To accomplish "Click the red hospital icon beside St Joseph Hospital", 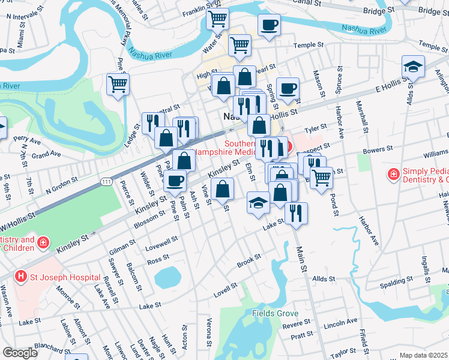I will click(21, 277).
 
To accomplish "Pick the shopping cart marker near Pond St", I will click(322, 177).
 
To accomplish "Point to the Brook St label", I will click(249, 260).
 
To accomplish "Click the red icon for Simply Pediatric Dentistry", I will click(393, 174).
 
